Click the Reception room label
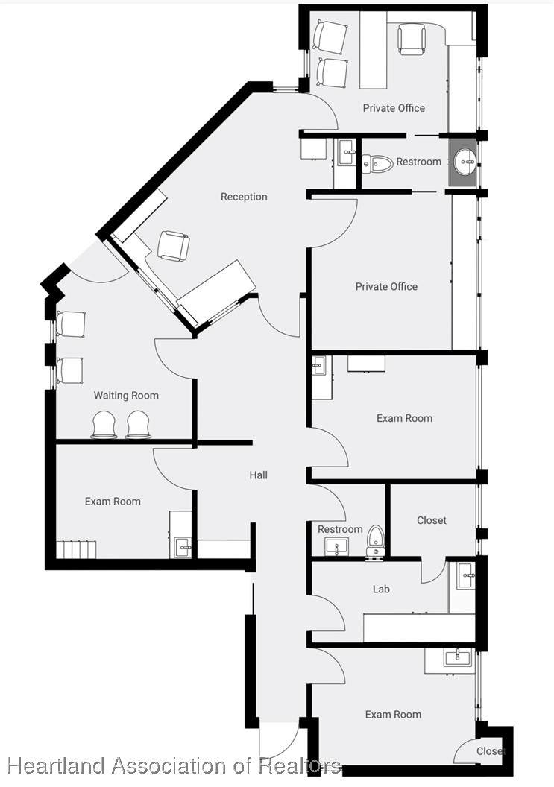point(244,197)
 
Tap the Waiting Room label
point(126,396)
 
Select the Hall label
point(258,475)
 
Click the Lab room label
point(381,589)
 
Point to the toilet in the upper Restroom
point(377,164)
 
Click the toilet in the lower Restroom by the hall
point(375,540)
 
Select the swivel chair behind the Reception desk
point(174,245)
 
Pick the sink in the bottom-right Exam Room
point(458,657)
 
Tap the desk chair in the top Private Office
point(412,38)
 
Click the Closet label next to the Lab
point(432,520)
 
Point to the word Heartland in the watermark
point(56,766)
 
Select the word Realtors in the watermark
point(300,766)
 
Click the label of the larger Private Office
point(386,287)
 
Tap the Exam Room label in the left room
point(113,502)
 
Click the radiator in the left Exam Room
point(76,549)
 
